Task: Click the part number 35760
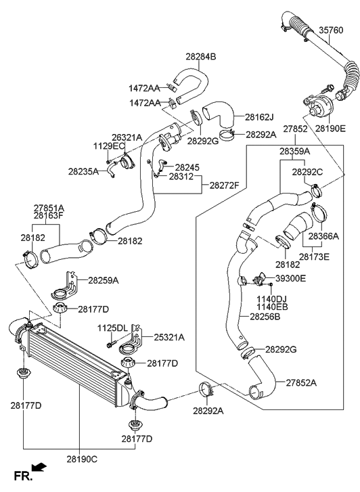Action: (x=331, y=30)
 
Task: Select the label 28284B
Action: (x=200, y=57)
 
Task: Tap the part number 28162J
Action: (x=259, y=116)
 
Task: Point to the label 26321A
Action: (x=127, y=137)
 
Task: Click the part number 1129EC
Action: (x=108, y=146)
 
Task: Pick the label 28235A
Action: (x=83, y=171)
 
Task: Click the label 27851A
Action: (x=49, y=208)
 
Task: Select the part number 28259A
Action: (x=103, y=280)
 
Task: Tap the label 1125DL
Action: (x=112, y=328)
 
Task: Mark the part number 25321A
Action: (x=168, y=336)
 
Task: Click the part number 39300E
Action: (x=290, y=278)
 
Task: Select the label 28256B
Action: (x=265, y=316)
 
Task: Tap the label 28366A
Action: (x=323, y=236)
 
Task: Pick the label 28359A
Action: (x=294, y=152)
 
